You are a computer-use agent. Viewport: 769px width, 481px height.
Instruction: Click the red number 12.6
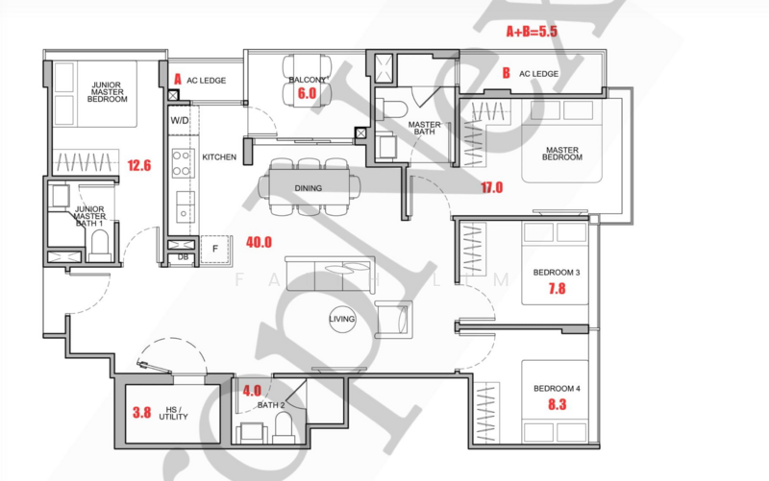pos(139,164)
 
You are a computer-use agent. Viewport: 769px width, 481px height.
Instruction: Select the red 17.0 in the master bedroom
pos(490,188)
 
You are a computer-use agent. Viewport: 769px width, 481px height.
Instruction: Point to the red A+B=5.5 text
pos(532,31)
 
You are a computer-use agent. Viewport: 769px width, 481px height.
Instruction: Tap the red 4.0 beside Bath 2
pos(251,391)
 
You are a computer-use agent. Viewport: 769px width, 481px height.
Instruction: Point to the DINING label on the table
pos(309,188)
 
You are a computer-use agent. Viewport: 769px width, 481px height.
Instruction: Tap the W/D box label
pos(180,121)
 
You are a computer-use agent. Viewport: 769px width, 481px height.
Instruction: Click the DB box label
pos(183,256)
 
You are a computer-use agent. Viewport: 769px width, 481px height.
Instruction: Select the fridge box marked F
pos(214,248)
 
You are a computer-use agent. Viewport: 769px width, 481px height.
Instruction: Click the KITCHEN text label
pos(219,156)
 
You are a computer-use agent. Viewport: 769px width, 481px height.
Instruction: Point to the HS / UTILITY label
pos(174,412)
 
